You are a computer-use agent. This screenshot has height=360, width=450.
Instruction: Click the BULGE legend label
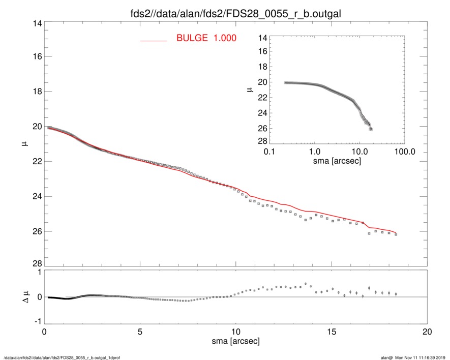(x=193, y=38)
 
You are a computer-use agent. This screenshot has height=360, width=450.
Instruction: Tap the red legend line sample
(x=153, y=40)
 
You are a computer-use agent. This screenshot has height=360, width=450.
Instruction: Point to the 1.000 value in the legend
(x=225, y=38)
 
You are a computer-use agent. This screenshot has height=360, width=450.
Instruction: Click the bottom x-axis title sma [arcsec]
(x=235, y=341)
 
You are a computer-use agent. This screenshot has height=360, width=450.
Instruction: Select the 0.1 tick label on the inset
(x=269, y=152)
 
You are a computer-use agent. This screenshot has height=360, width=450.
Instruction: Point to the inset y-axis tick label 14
(x=263, y=38)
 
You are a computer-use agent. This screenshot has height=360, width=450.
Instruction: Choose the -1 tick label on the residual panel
(x=37, y=322)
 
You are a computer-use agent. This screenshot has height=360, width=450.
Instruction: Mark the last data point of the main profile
(x=396, y=234)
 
